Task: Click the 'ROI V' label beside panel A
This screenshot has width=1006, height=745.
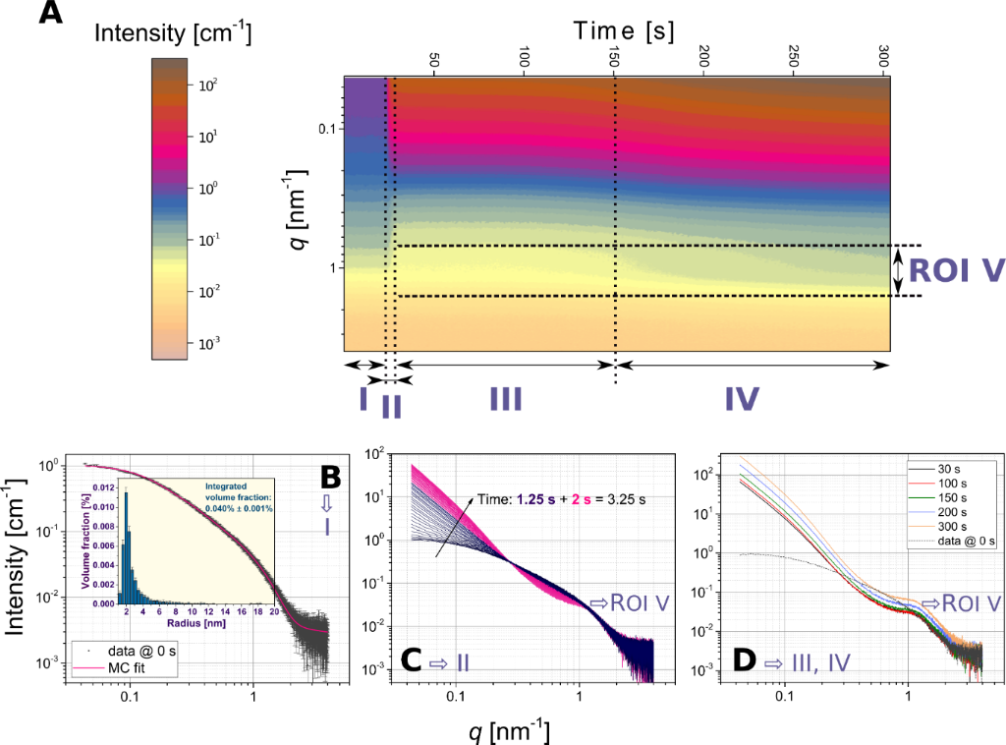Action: [x=951, y=271]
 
